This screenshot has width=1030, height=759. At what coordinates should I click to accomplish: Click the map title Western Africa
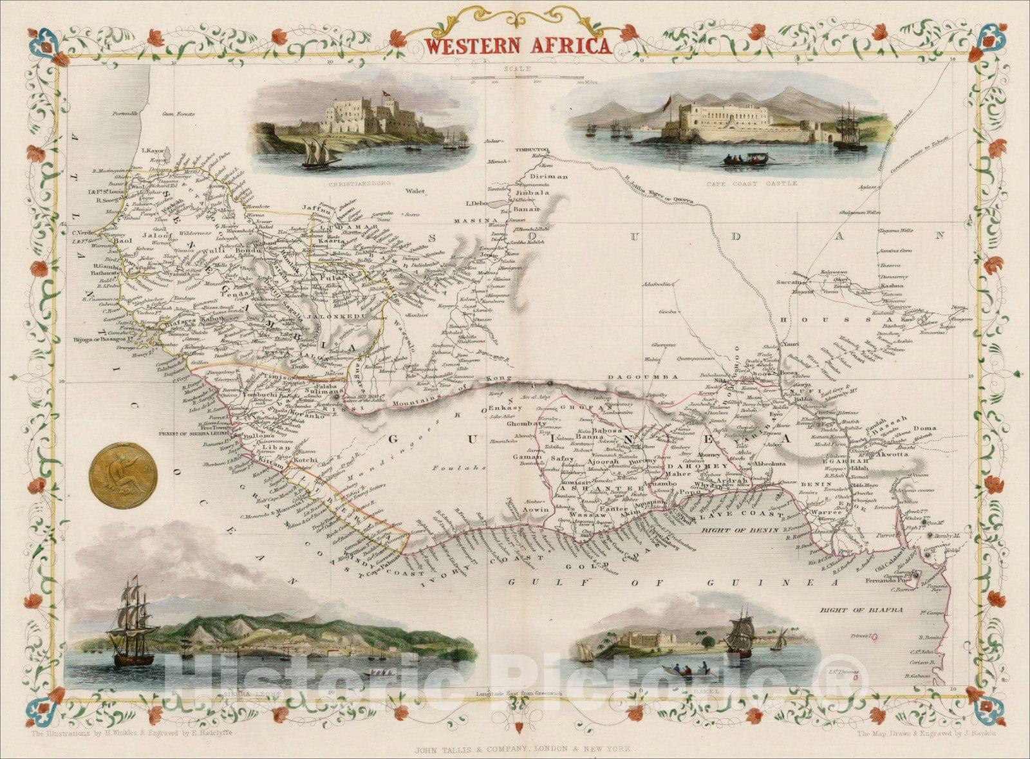(x=518, y=46)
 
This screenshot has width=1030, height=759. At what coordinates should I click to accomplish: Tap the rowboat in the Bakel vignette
(x=686, y=670)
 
